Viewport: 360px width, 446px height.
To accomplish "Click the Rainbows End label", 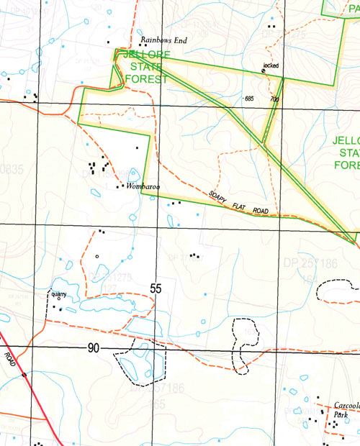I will (163, 41).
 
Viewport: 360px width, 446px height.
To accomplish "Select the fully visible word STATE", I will (146, 67).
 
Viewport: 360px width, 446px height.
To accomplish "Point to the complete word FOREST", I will (146, 79).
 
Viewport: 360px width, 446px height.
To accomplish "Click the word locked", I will (271, 65).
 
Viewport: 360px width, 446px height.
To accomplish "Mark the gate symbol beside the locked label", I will (263, 71).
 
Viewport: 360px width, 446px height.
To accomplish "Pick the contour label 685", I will (249, 98).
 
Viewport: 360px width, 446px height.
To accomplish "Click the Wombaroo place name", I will (142, 187).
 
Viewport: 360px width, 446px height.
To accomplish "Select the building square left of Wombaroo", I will (118, 187).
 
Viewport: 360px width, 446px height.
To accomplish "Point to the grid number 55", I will (156, 288).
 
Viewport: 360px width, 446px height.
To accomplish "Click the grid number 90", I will (94, 348).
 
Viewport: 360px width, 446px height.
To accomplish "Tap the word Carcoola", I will (346, 406).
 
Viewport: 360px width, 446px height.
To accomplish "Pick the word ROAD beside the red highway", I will (9, 358).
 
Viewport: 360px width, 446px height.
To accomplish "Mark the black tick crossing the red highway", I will (24, 375).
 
